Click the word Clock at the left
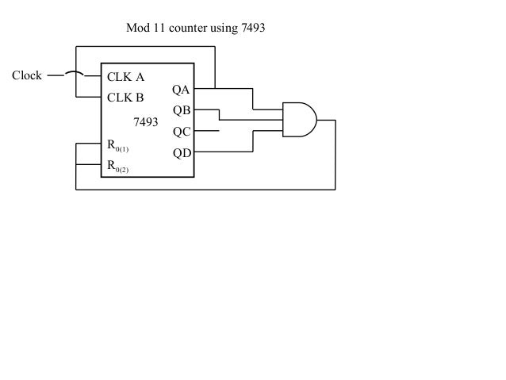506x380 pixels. click(x=26, y=76)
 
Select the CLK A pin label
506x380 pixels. click(x=125, y=78)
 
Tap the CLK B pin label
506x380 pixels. click(x=125, y=99)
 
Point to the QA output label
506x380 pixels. click(x=182, y=91)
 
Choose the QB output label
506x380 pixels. click(x=182, y=112)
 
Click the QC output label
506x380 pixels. click(x=182, y=132)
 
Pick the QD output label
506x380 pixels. click(x=182, y=152)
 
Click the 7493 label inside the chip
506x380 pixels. click(x=145, y=123)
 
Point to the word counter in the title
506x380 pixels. click(x=186, y=29)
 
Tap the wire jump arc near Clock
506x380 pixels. click(x=75, y=74)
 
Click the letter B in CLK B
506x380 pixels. click(x=139, y=99)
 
